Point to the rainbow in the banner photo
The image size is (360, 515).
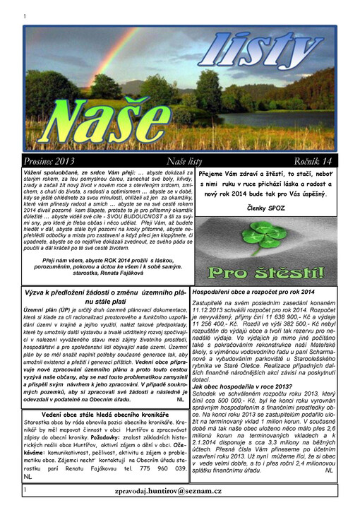pos(106,42)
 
